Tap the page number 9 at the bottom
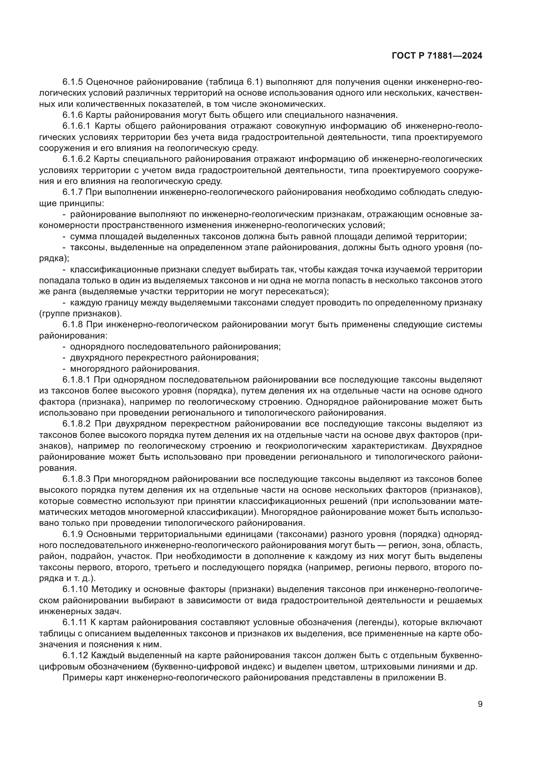480,704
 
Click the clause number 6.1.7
72,192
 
